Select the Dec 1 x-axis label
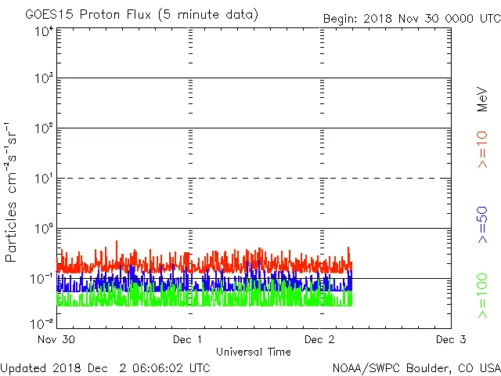187,340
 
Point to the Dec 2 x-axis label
319,340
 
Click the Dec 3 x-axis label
451,340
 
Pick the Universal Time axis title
253,352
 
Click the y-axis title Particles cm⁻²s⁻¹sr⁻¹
12,192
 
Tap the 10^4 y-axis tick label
43,31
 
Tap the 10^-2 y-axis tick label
43,324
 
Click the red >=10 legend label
482,150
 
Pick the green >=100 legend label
482,295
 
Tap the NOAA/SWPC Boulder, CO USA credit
416,367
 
